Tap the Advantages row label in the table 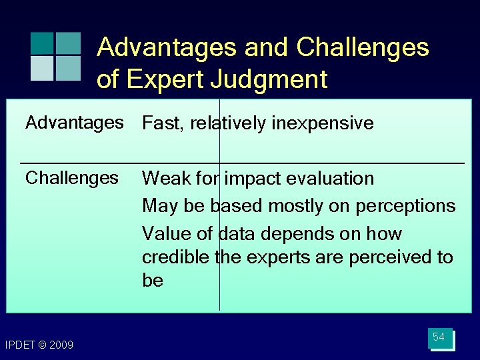click(75, 123)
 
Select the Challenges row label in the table click(71, 178)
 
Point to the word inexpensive click(322, 123)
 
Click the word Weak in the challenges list click(164, 179)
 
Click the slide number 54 click(439, 337)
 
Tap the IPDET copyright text click(39, 345)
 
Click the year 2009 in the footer click(61, 345)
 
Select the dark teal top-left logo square click(42, 43)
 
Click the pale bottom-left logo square click(42, 67)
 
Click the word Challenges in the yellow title click(363, 47)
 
